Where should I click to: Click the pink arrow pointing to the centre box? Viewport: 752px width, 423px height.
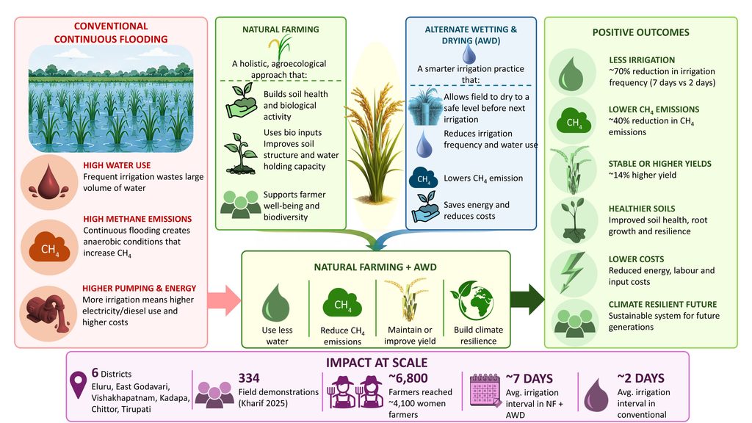pyautogui.click(x=224, y=300)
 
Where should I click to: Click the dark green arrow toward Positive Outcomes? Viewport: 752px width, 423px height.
pyautogui.click(x=527, y=300)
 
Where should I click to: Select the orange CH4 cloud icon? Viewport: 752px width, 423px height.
pyautogui.click(x=49, y=248)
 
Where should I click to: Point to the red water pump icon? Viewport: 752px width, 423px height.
pyautogui.click(x=48, y=313)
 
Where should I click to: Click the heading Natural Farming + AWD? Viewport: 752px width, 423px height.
pyautogui.click(x=375, y=267)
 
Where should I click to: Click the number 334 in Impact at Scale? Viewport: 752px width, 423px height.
pyautogui.click(x=249, y=378)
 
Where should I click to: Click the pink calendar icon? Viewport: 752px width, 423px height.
pyautogui.click(x=485, y=389)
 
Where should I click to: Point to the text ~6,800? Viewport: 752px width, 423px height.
pyautogui.click(x=408, y=378)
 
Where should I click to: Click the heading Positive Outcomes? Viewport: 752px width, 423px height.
pyautogui.click(x=640, y=32)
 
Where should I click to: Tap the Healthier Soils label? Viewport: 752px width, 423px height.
pyautogui.click(x=642, y=209)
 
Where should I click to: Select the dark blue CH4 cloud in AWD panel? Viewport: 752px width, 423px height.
pyautogui.click(x=423, y=178)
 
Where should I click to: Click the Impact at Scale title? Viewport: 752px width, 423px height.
pyautogui.click(x=377, y=363)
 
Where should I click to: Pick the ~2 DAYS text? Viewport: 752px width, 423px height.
pyautogui.click(x=640, y=378)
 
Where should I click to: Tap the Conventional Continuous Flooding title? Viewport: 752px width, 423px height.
pyautogui.click(x=111, y=32)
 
